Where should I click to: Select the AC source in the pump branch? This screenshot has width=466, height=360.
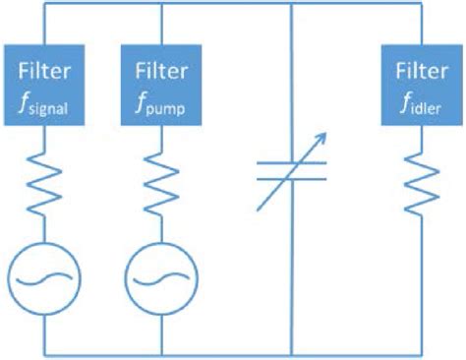(x=161, y=277)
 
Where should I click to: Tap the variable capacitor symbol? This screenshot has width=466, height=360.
(x=292, y=172)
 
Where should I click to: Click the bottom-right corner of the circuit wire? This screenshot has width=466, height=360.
(x=418, y=352)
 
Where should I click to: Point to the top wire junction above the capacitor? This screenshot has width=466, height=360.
(x=292, y=6)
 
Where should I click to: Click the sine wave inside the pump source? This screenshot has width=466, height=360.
(x=161, y=277)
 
